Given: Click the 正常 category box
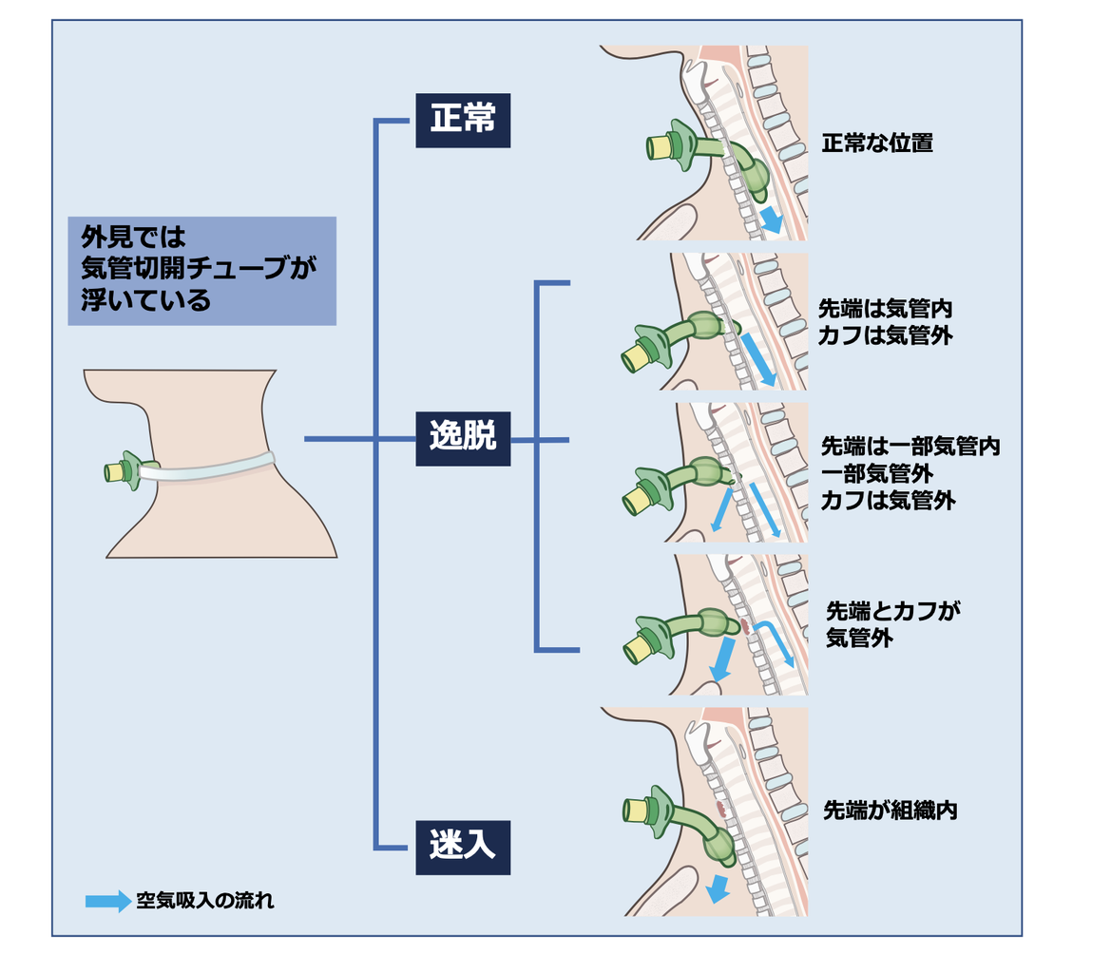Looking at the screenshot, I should (x=463, y=120).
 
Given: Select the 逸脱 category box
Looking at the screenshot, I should (x=463, y=438).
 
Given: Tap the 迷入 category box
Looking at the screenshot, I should (x=463, y=847).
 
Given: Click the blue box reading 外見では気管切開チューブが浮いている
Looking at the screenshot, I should (x=202, y=271).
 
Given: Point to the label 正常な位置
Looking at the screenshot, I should (x=877, y=144).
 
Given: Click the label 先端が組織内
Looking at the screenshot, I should (x=889, y=811).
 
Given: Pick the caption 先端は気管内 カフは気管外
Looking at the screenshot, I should (x=885, y=321).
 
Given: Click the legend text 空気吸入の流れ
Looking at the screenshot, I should (x=205, y=901).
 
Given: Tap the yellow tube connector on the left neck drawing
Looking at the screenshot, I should (x=116, y=470).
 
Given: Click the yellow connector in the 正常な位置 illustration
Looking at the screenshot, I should (x=659, y=147).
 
